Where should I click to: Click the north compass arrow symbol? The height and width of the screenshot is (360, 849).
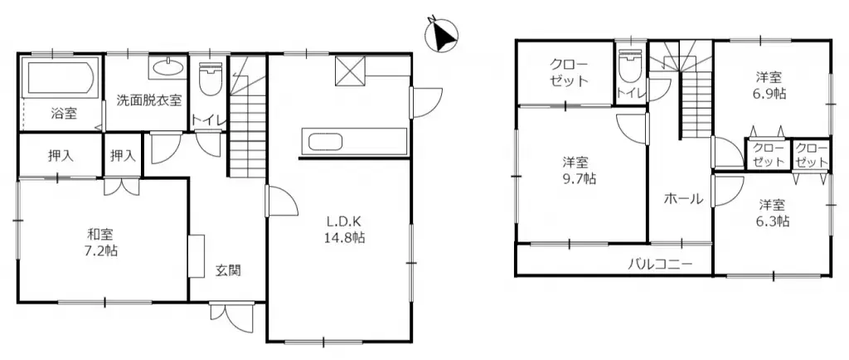point(442,36)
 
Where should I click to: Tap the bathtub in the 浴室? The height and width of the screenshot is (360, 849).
point(59,79)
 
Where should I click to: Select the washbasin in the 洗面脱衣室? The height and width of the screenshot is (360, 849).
point(167,69)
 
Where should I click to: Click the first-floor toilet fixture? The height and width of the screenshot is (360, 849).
point(210,79)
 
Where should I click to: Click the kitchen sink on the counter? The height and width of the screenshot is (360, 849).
point(325,144)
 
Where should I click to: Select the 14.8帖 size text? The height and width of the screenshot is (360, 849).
point(341,237)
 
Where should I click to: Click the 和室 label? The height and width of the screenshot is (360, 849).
point(100,235)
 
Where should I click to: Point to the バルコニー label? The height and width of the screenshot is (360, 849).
point(660,265)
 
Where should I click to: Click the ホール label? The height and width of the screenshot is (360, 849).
point(683,199)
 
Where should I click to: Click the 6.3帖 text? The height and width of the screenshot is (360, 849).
point(773,221)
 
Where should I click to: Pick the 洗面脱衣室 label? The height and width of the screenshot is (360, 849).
point(149,100)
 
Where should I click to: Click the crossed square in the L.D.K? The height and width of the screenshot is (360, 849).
point(351,71)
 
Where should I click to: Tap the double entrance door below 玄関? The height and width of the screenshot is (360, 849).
point(231,317)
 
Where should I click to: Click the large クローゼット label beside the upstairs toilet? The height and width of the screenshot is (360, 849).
point(569,72)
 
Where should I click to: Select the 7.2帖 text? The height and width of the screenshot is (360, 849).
point(102,251)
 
